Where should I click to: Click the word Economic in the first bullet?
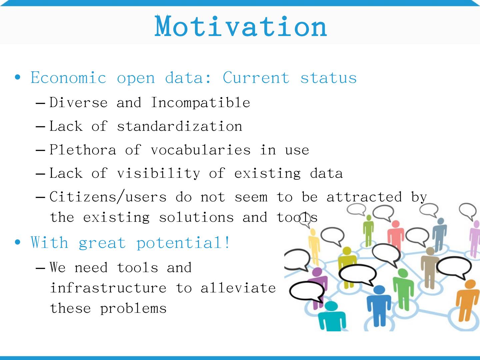coord(68,77)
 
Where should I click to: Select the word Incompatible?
coord(201,102)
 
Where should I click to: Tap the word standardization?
coord(180,126)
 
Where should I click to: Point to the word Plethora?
coord(83,150)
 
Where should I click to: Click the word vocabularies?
coord(201,150)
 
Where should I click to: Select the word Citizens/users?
coord(108,196)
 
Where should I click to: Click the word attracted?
coord(364,196)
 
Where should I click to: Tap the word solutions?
coord(196,217)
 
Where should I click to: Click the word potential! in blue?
coord(183,243)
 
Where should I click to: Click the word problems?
coord(133,309)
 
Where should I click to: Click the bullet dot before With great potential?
coord(17,242)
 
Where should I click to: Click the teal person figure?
coord(332,316)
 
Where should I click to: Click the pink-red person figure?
coord(395,235)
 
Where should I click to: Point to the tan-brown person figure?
coord(430,268)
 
